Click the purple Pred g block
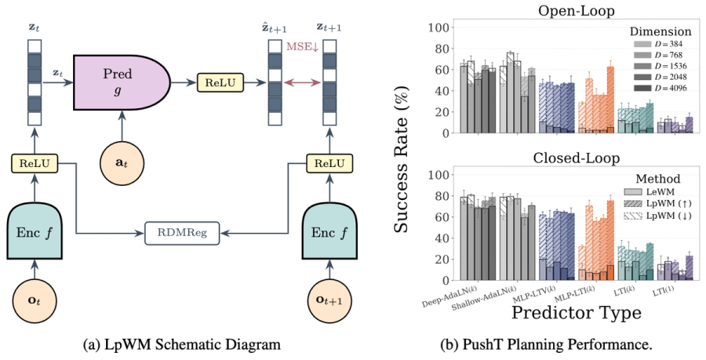coord(122,82)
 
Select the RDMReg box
coord(182,233)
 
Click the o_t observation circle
coord(35,301)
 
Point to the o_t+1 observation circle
coord(329,301)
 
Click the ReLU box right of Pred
coord(220,82)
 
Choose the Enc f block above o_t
coord(35,231)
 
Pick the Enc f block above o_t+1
coord(329,231)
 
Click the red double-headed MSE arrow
coord(302,82)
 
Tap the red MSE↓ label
coord(303,47)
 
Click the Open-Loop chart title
coord(577,11)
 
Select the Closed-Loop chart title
coord(577,158)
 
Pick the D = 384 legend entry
coord(658,44)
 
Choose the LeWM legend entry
coord(649,192)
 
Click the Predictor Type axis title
coord(577,312)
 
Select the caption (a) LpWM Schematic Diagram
coord(182,344)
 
